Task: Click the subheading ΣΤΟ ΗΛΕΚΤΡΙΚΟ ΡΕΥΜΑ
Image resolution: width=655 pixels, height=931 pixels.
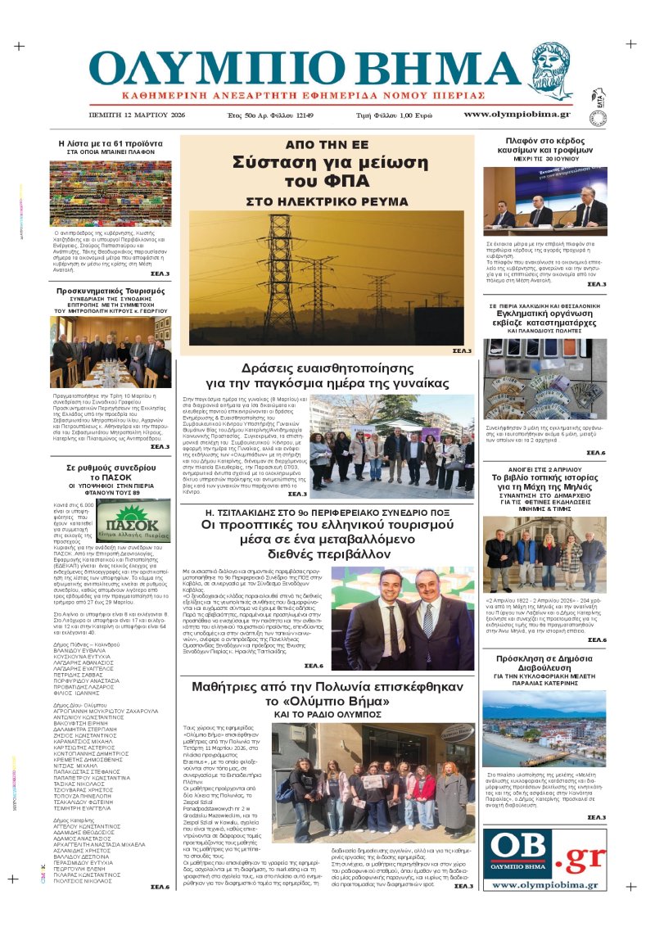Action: pos(327,201)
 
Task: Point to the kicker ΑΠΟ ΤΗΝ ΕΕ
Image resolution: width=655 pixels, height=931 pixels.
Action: pos(327,144)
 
